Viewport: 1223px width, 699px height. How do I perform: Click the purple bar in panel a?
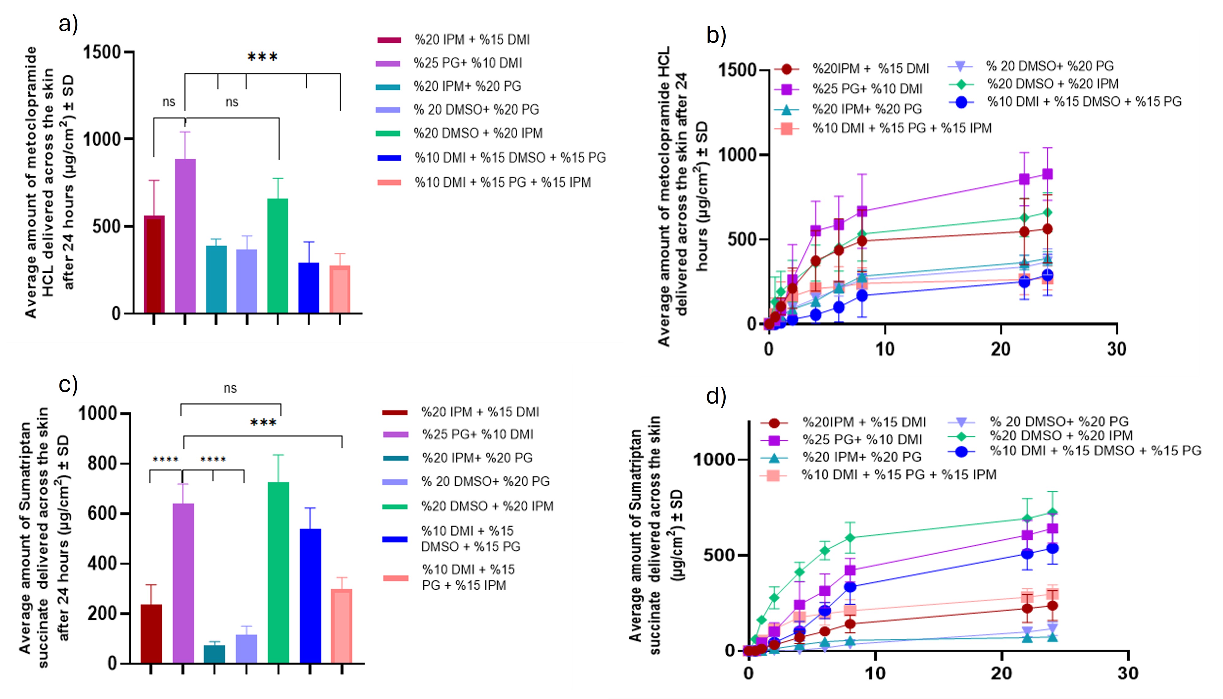pos(185,235)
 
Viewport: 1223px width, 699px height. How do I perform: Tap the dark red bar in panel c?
pos(151,633)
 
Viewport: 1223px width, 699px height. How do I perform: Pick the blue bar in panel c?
pos(310,595)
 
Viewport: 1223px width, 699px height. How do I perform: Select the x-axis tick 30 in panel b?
pos(1117,349)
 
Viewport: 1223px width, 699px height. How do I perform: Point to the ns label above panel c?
pos(230,388)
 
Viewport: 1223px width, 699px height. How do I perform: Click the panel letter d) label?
pos(716,396)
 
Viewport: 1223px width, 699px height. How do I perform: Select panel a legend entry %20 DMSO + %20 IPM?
pos(478,133)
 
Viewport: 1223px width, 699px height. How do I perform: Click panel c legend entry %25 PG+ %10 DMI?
pos(477,435)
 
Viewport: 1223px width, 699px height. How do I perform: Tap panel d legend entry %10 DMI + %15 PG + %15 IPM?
pos(899,475)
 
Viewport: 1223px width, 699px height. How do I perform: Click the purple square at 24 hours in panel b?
pos(1047,174)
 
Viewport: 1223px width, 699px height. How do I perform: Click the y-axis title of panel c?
pos(43,538)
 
